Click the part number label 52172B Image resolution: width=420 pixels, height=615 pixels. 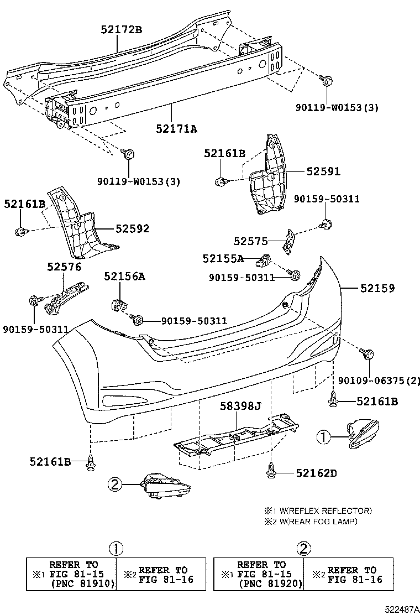(x=121, y=30)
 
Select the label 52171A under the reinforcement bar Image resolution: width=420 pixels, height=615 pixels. (x=176, y=129)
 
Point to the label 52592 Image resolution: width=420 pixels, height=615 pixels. (x=132, y=228)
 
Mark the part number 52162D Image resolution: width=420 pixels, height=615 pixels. (x=316, y=473)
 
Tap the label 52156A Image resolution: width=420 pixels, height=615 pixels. (x=124, y=276)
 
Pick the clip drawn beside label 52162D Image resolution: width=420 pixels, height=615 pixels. (x=271, y=471)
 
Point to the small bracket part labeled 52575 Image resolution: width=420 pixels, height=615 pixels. (x=288, y=241)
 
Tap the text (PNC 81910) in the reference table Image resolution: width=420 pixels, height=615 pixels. (x=82, y=583)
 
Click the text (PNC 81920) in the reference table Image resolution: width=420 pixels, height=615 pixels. (x=270, y=583)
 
